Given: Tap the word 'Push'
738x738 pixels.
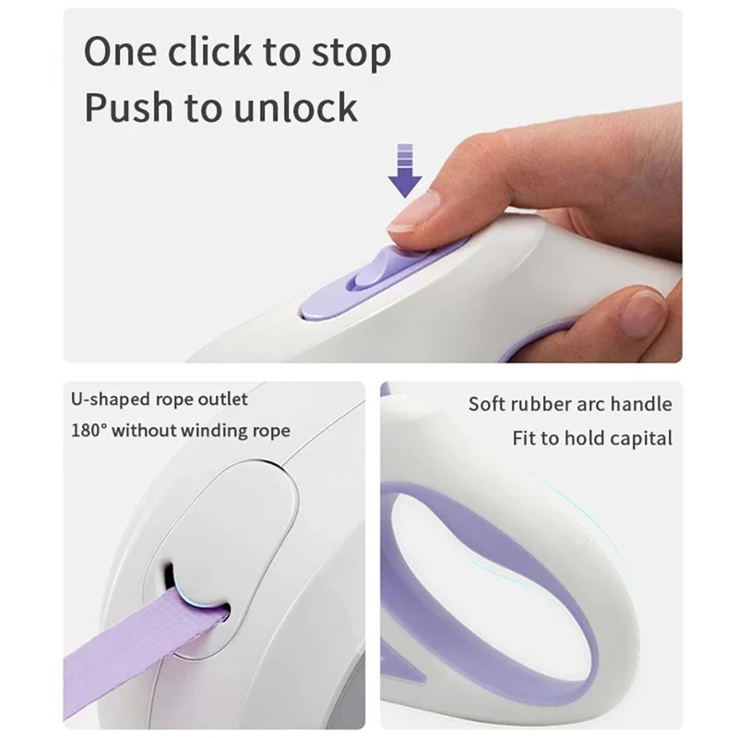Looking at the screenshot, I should coord(127,108).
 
